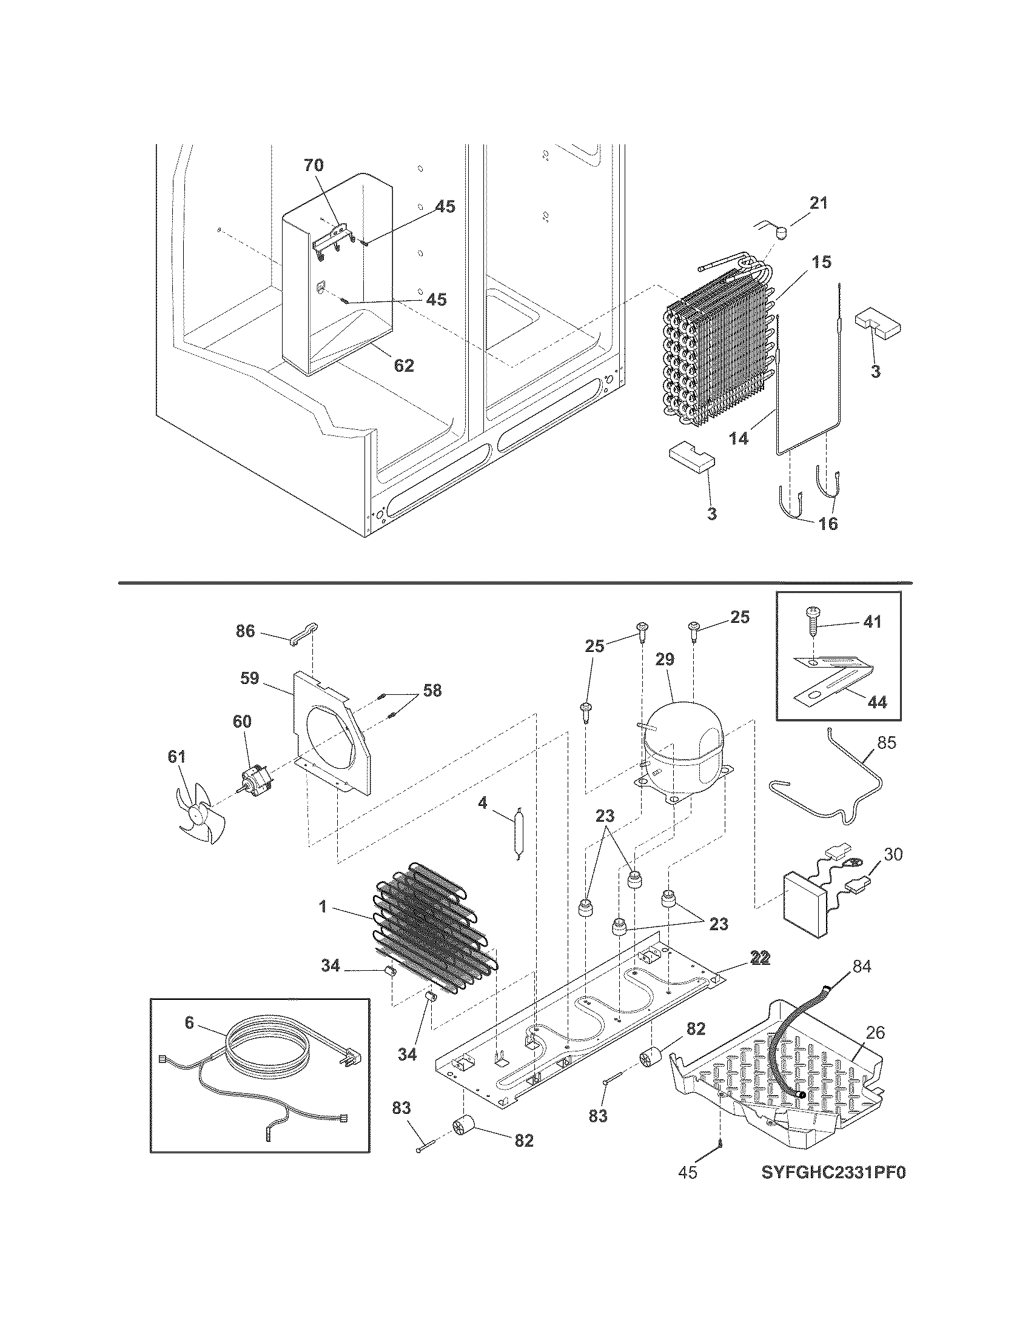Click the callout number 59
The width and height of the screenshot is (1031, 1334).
pyautogui.click(x=249, y=679)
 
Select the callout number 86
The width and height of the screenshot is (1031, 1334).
pyautogui.click(x=246, y=631)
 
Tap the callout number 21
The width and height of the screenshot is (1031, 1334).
pyautogui.click(x=819, y=203)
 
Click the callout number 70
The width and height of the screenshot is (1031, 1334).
pyautogui.click(x=314, y=165)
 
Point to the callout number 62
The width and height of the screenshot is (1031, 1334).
pyautogui.click(x=404, y=365)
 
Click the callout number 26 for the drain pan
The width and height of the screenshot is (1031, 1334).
pyautogui.click(x=875, y=1032)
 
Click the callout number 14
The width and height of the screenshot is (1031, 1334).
pyautogui.click(x=739, y=438)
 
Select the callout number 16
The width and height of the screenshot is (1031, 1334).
pyautogui.click(x=828, y=523)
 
